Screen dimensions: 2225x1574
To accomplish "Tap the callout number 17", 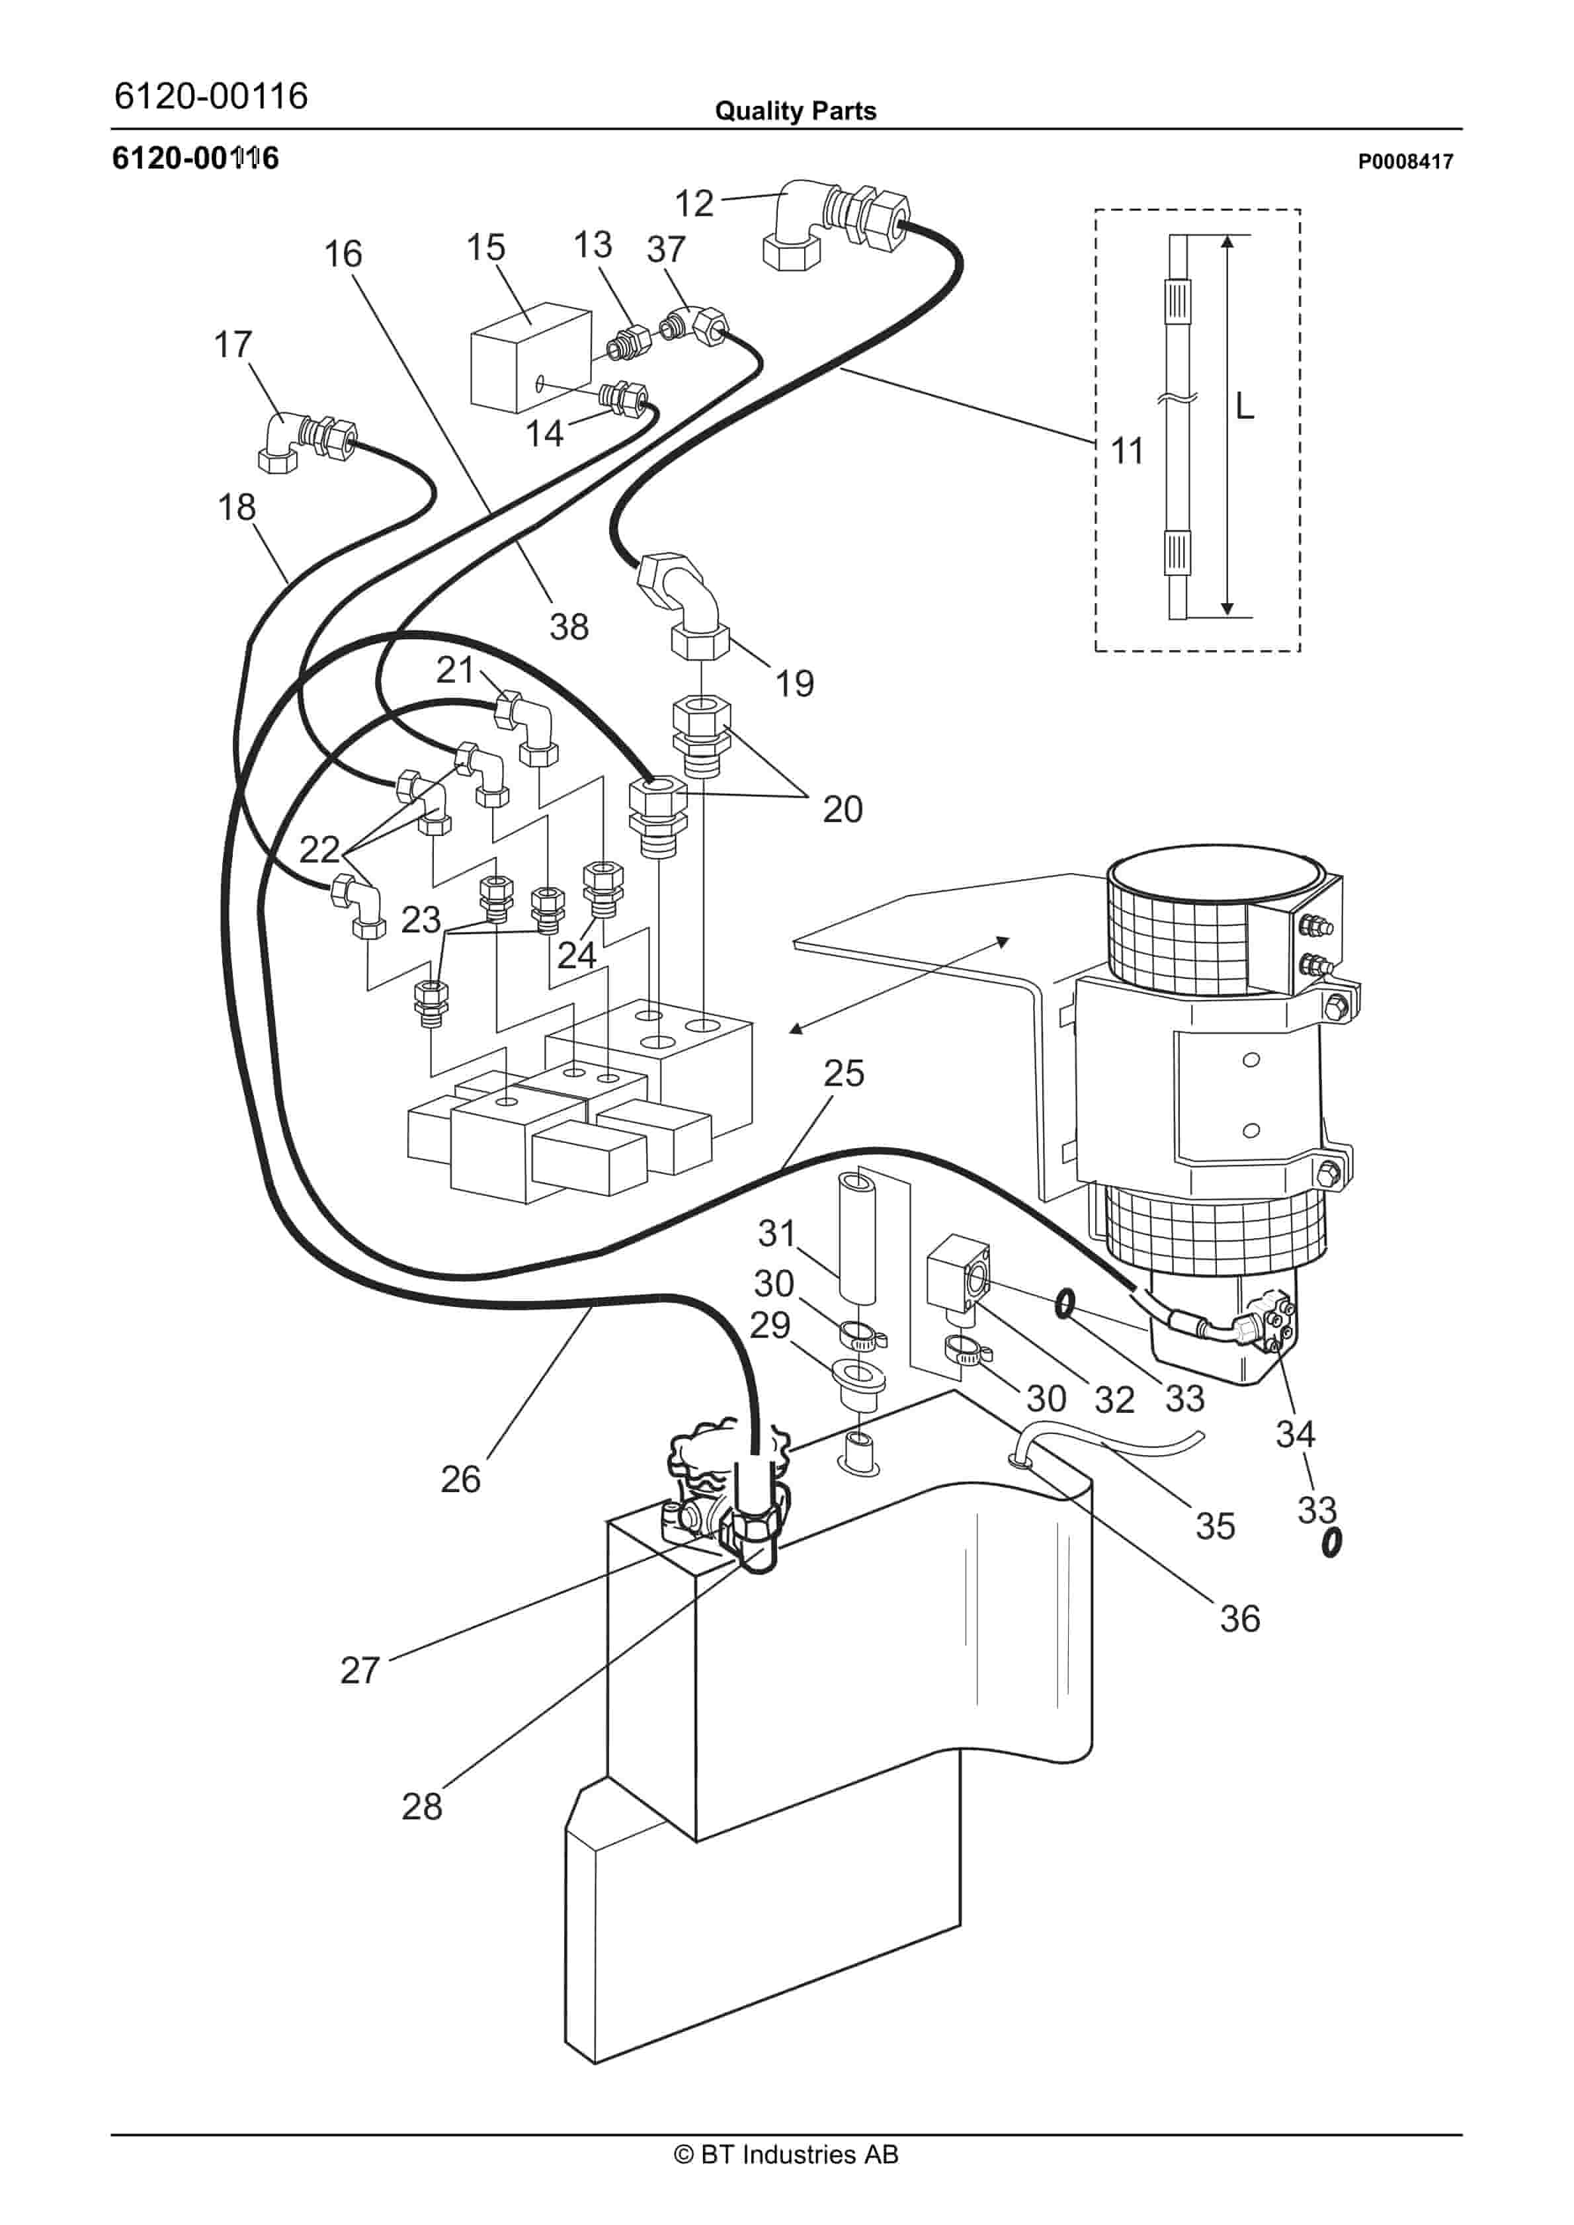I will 233,344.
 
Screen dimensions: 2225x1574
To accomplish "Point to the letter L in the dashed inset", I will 1245,405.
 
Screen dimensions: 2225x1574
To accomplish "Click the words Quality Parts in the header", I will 795,111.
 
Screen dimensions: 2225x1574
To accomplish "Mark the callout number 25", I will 843,1073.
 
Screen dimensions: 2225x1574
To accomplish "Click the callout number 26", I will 460,1480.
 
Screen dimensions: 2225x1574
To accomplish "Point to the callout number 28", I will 422,1806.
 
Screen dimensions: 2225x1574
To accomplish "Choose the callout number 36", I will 1239,1619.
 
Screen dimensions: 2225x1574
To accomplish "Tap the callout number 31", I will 776,1234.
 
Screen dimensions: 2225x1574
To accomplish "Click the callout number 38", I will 569,627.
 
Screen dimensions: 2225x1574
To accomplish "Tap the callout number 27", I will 360,1671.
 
